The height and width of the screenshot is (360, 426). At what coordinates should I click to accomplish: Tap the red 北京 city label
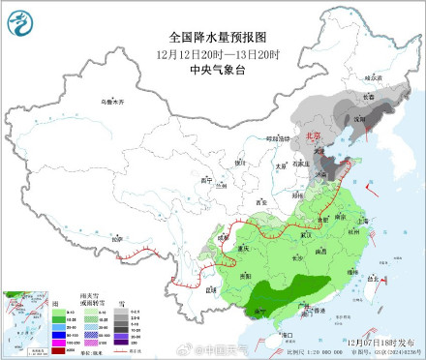311,137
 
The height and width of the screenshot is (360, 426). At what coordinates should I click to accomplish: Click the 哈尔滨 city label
366,76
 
